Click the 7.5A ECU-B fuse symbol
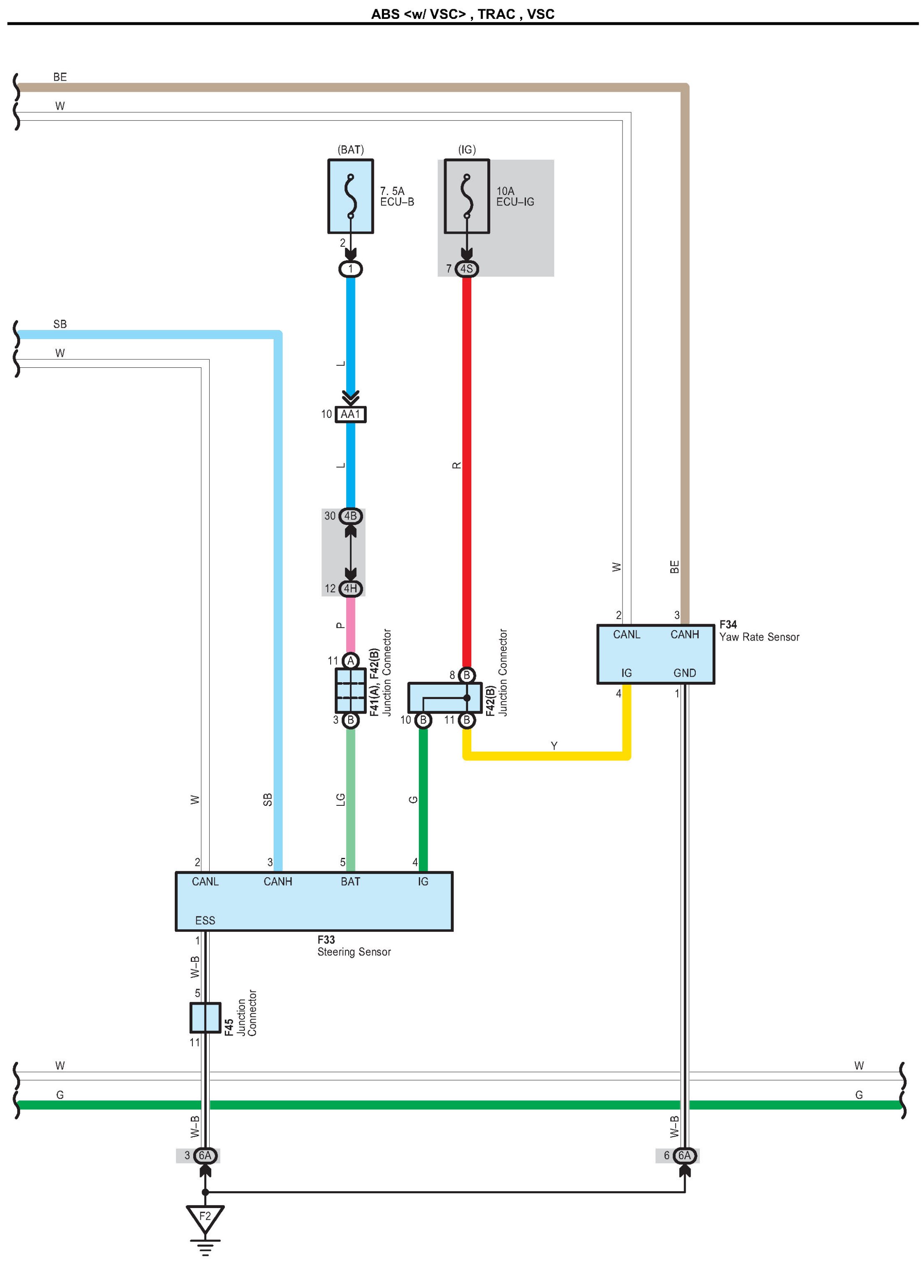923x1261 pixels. point(350,196)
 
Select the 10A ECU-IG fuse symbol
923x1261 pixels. point(466,196)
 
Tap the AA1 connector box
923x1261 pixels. point(350,414)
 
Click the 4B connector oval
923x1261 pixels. point(350,516)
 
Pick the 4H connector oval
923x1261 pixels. point(350,588)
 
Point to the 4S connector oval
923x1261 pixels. point(466,269)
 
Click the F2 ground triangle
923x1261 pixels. point(205,1217)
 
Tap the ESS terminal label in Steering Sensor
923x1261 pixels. point(205,921)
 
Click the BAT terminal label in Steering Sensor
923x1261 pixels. point(350,881)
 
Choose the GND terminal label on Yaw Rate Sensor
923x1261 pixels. point(684,673)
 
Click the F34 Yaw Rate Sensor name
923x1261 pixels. point(759,631)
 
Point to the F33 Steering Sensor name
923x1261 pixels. point(354,946)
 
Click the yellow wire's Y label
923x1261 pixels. point(554,746)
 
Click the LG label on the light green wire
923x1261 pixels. point(340,800)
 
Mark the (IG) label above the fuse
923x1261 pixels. point(466,150)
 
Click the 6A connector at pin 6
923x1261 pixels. point(684,1155)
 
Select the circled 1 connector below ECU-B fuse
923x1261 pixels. point(350,269)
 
